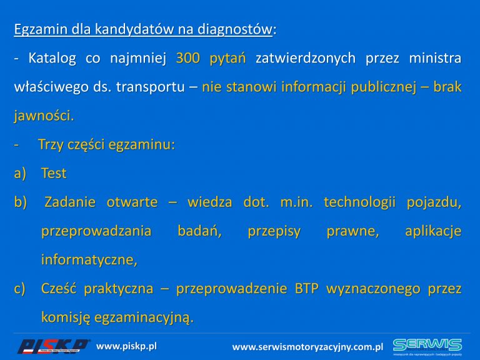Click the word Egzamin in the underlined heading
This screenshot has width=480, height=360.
(41, 29)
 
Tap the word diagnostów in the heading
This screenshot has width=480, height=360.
(235, 29)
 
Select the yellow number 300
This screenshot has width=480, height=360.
(188, 58)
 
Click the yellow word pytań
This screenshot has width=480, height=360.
(227, 59)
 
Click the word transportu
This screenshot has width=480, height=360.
(150, 87)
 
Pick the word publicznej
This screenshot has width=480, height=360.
(384, 87)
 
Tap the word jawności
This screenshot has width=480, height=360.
(44, 116)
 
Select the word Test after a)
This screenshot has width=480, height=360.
(54, 173)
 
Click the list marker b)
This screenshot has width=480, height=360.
(21, 202)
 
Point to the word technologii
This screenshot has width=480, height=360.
(360, 202)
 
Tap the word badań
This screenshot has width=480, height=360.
(199, 231)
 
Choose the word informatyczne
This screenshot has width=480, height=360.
(89, 259)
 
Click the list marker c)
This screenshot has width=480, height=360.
(20, 289)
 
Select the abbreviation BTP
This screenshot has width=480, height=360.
(307, 288)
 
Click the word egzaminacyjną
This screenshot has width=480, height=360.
(144, 317)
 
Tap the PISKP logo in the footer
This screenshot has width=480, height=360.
(54, 346)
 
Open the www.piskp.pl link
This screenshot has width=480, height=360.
(126, 346)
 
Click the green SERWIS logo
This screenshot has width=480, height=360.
(427, 347)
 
